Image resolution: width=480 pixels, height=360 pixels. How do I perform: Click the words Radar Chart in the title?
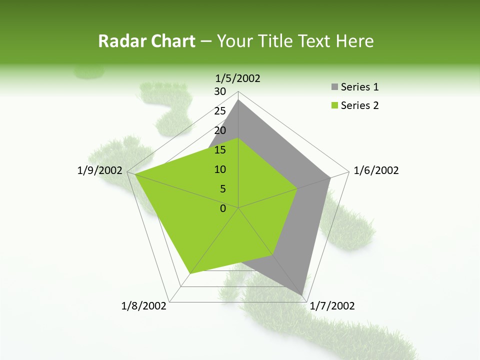click(146, 41)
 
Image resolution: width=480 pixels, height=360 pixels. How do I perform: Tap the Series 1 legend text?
click(359, 87)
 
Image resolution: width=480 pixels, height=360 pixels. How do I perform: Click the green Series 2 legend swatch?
click(334, 105)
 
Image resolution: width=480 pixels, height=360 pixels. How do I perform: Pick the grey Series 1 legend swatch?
click(334, 87)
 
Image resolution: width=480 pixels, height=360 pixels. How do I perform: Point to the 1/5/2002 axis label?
click(238, 78)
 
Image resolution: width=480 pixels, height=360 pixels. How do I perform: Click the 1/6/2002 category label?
click(376, 170)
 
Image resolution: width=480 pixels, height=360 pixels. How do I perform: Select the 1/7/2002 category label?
click(332, 306)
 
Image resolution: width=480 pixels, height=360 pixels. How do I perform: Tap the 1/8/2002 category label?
click(144, 306)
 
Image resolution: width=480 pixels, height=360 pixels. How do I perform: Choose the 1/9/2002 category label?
click(100, 170)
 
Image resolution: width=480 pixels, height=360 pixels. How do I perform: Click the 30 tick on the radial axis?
click(220, 91)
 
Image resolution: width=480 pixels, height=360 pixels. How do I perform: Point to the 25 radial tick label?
click(220, 111)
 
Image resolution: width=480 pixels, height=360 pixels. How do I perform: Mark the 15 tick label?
click(220, 150)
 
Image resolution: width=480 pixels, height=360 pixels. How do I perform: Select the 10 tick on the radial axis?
click(220, 169)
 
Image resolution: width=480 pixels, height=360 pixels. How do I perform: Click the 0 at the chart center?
click(223, 208)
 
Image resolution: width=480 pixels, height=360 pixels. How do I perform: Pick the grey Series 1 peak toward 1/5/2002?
click(238, 100)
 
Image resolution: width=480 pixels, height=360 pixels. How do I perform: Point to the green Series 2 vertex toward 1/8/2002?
click(190, 273)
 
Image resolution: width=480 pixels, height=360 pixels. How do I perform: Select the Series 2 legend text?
click(359, 105)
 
